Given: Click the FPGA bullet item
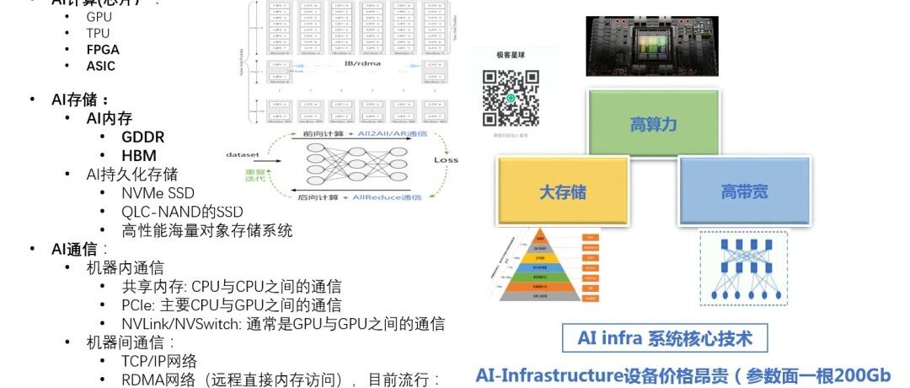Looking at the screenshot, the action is coord(102,49).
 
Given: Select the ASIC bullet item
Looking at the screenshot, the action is coord(100,66).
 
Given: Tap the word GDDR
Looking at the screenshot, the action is coord(142,137).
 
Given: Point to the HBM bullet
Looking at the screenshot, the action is coord(138,155).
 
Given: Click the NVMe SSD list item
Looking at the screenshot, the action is coord(158,193).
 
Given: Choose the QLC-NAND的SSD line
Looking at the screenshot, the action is coord(182,211).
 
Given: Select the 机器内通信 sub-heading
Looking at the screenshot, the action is coord(125,268).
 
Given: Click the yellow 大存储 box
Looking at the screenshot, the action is coord(563,192).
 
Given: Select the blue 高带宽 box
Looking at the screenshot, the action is coord(744,192).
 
